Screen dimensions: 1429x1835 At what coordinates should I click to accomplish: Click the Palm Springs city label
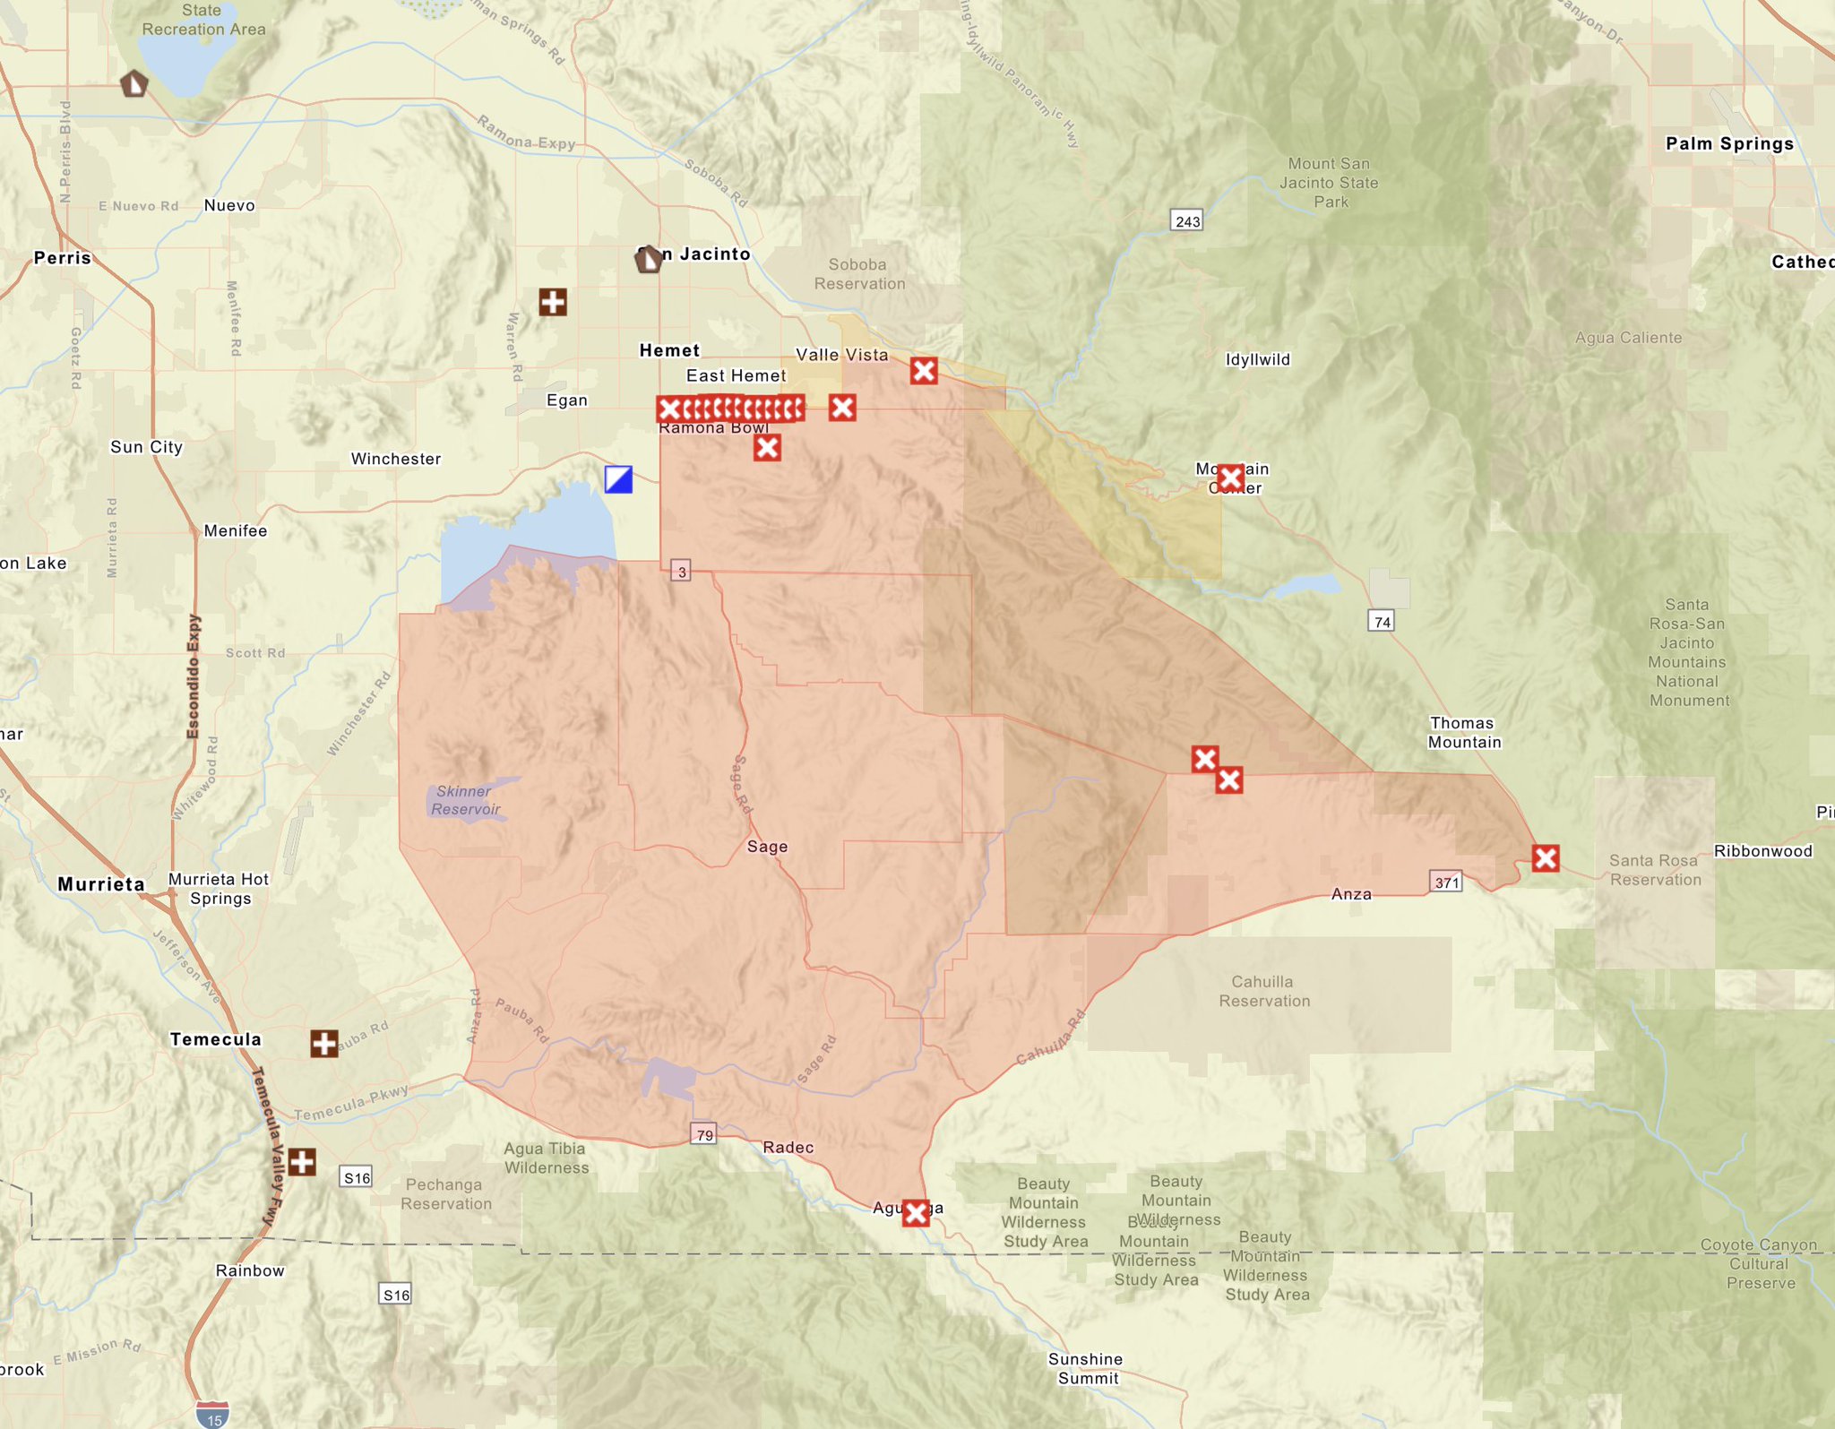tap(1728, 143)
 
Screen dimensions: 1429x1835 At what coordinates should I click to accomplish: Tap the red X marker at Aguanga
tap(916, 1213)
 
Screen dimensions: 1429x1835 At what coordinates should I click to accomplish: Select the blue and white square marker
tap(618, 479)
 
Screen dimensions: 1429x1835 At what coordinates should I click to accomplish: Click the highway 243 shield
tap(1186, 220)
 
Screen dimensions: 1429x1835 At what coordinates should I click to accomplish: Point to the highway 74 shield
tap(1382, 621)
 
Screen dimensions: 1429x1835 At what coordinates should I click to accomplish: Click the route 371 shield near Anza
tap(1446, 882)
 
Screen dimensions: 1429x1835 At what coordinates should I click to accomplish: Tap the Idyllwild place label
tap(1257, 359)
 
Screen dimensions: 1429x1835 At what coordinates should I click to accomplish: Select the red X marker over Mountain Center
tap(1230, 478)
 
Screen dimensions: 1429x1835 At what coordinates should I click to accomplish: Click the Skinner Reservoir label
tap(465, 800)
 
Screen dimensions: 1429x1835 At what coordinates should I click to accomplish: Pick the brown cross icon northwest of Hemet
tap(553, 302)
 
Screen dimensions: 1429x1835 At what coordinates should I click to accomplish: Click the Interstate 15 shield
tap(213, 1415)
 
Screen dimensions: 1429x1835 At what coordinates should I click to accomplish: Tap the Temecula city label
tap(215, 1039)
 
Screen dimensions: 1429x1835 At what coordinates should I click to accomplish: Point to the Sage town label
tap(767, 846)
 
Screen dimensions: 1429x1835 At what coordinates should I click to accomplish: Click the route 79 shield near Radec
tap(704, 1134)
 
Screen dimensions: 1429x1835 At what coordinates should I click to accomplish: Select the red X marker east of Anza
tap(1545, 858)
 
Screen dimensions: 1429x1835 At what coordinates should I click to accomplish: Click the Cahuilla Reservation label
tap(1263, 991)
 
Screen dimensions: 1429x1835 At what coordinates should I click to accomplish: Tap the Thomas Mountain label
tap(1464, 732)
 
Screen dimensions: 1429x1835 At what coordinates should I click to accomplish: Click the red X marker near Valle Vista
tap(924, 370)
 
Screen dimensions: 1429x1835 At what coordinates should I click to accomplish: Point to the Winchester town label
tap(395, 459)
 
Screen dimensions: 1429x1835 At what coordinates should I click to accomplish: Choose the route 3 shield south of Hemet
tap(681, 572)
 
